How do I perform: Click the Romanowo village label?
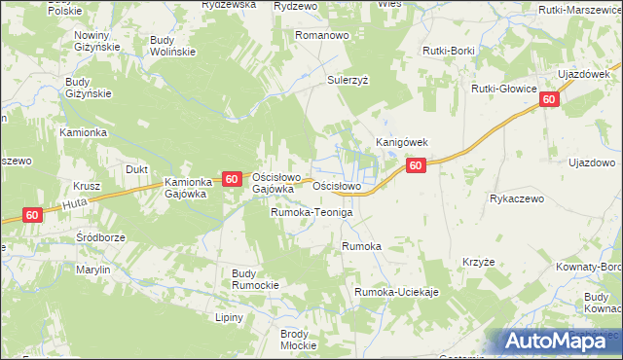click(x=323, y=35)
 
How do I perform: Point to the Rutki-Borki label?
click(x=447, y=49)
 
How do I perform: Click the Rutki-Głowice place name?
click(x=504, y=89)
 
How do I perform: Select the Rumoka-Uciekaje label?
click(x=397, y=293)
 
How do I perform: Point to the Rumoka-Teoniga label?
click(x=311, y=212)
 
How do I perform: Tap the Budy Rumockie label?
click(x=255, y=279)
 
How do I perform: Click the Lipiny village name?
click(x=230, y=317)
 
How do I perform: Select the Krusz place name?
click(x=87, y=186)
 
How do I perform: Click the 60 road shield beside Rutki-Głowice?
click(x=550, y=99)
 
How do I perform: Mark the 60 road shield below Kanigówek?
click(x=416, y=166)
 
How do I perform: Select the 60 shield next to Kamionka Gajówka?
click(x=231, y=179)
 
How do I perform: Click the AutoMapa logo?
click(x=560, y=341)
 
